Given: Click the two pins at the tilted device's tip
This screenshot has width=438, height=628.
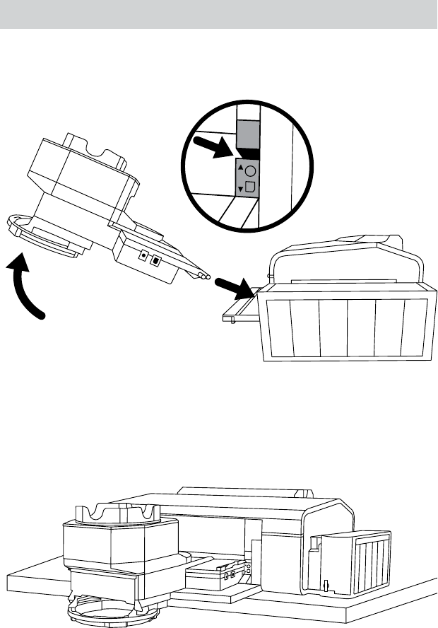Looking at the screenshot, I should (x=206, y=276).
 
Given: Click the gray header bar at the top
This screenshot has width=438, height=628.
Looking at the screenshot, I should (x=219, y=14).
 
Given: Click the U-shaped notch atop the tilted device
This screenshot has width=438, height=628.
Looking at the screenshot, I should (x=97, y=146).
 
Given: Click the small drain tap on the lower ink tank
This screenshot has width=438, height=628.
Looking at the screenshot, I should (x=326, y=583).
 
